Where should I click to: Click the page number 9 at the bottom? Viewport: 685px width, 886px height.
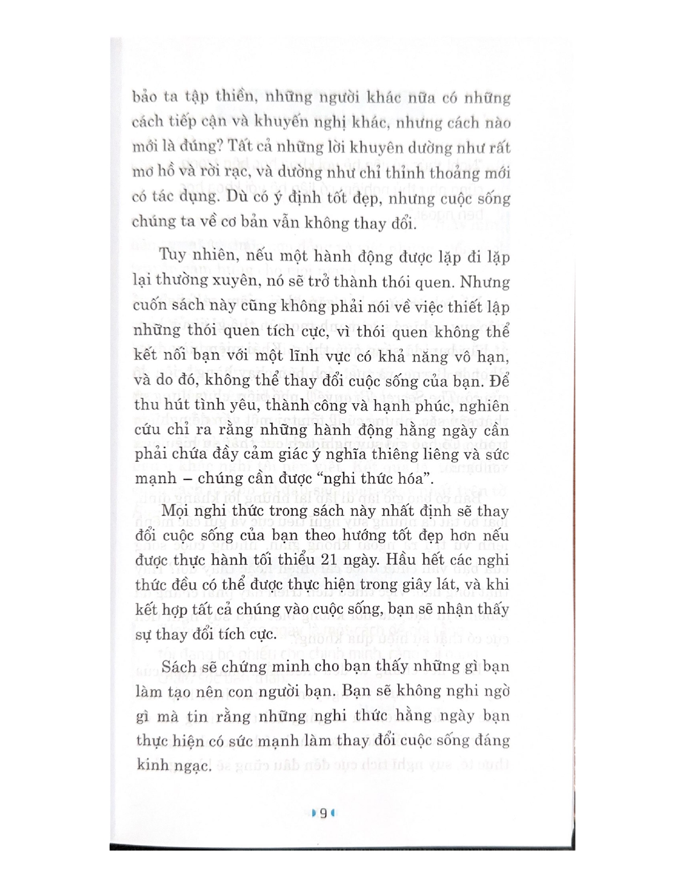323,813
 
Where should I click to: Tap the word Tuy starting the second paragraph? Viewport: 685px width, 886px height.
173,255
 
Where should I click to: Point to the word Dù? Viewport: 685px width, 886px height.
236,197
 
